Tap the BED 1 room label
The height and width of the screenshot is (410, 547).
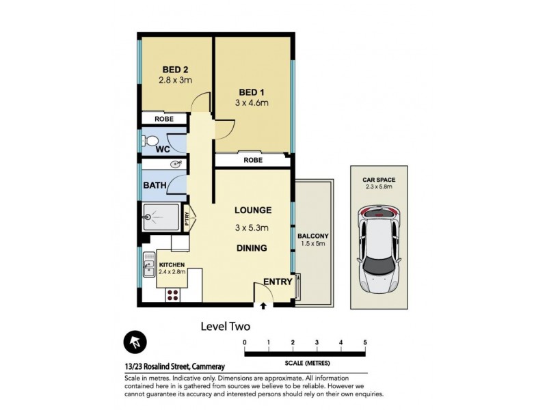tap(252, 92)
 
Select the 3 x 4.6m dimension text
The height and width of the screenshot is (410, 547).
tap(252, 103)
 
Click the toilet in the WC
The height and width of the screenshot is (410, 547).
tap(148, 142)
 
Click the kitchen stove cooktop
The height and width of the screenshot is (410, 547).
tap(172, 295)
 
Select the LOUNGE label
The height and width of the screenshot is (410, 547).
tap(252, 210)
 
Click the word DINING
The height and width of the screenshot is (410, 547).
tap(252, 248)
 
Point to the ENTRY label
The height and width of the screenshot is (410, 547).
tap(278, 282)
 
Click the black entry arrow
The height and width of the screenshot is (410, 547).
tap(263, 305)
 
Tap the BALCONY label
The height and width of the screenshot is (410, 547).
tap(313, 236)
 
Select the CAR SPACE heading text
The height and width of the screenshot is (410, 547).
tap(379, 180)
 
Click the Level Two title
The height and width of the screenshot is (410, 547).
tap(225, 327)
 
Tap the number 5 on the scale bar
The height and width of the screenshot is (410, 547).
tap(365, 342)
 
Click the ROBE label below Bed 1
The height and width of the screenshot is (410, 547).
tap(252, 160)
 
